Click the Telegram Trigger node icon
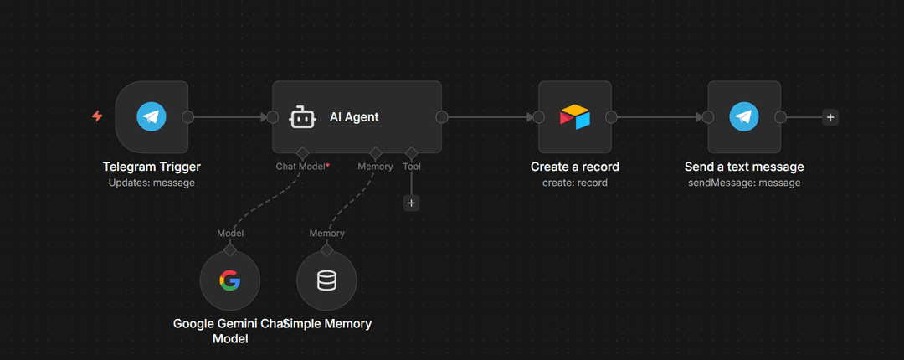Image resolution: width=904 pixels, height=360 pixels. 152,117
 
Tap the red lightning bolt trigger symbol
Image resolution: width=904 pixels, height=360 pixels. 97,116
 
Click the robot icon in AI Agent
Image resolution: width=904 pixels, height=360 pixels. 302,117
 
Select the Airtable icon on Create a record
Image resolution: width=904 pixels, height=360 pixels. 574,117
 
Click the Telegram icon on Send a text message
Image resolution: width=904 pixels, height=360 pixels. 743,117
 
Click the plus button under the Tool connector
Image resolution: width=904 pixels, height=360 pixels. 411,203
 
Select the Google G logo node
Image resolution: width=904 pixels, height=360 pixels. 229,280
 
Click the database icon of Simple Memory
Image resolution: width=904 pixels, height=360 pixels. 326,280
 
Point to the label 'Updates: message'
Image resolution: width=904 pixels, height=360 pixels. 152,183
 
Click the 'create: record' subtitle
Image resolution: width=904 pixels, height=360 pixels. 574,183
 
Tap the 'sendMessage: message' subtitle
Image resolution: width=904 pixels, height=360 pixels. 743,183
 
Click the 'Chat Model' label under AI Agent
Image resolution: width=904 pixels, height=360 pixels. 300,167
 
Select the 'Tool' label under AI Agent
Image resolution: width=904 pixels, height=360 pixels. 411,167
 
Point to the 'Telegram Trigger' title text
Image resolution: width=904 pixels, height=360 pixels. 152,167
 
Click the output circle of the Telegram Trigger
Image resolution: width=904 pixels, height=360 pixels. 187,117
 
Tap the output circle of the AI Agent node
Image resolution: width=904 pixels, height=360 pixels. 441,117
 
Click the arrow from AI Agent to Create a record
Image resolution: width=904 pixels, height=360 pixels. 490,117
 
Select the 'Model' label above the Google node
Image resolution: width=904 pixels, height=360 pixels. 230,234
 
